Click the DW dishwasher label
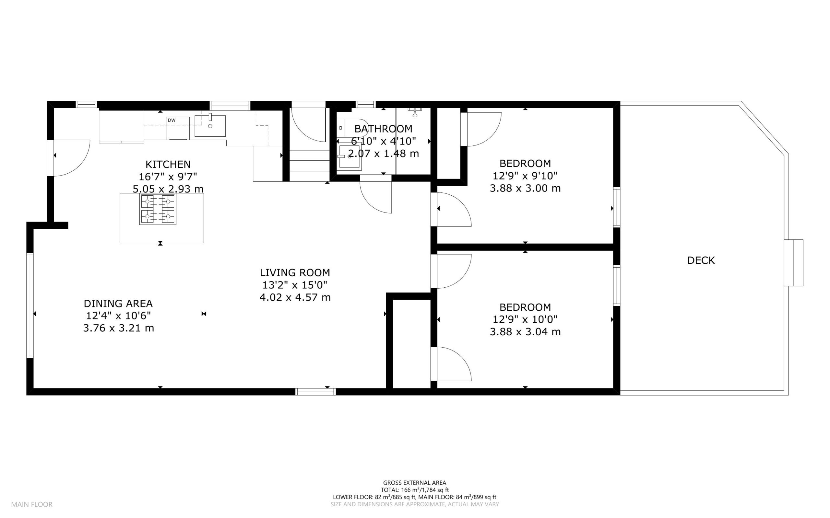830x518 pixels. point(172,120)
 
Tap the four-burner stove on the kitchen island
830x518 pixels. point(158,209)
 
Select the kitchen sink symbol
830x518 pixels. point(210,126)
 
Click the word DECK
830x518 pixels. point(701,260)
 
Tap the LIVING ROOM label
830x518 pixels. point(295,273)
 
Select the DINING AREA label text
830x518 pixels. point(118,304)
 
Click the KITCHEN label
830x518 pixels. point(168,165)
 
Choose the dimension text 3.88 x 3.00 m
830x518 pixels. point(525,188)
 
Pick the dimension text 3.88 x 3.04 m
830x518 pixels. point(525,332)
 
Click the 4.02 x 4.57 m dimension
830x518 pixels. point(295,297)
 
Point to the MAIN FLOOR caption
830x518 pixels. point(32,504)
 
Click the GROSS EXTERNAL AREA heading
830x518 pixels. point(414,483)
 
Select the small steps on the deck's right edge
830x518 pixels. point(794,263)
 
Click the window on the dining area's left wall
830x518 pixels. point(30,305)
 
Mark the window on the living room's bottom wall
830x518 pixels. point(315,392)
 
